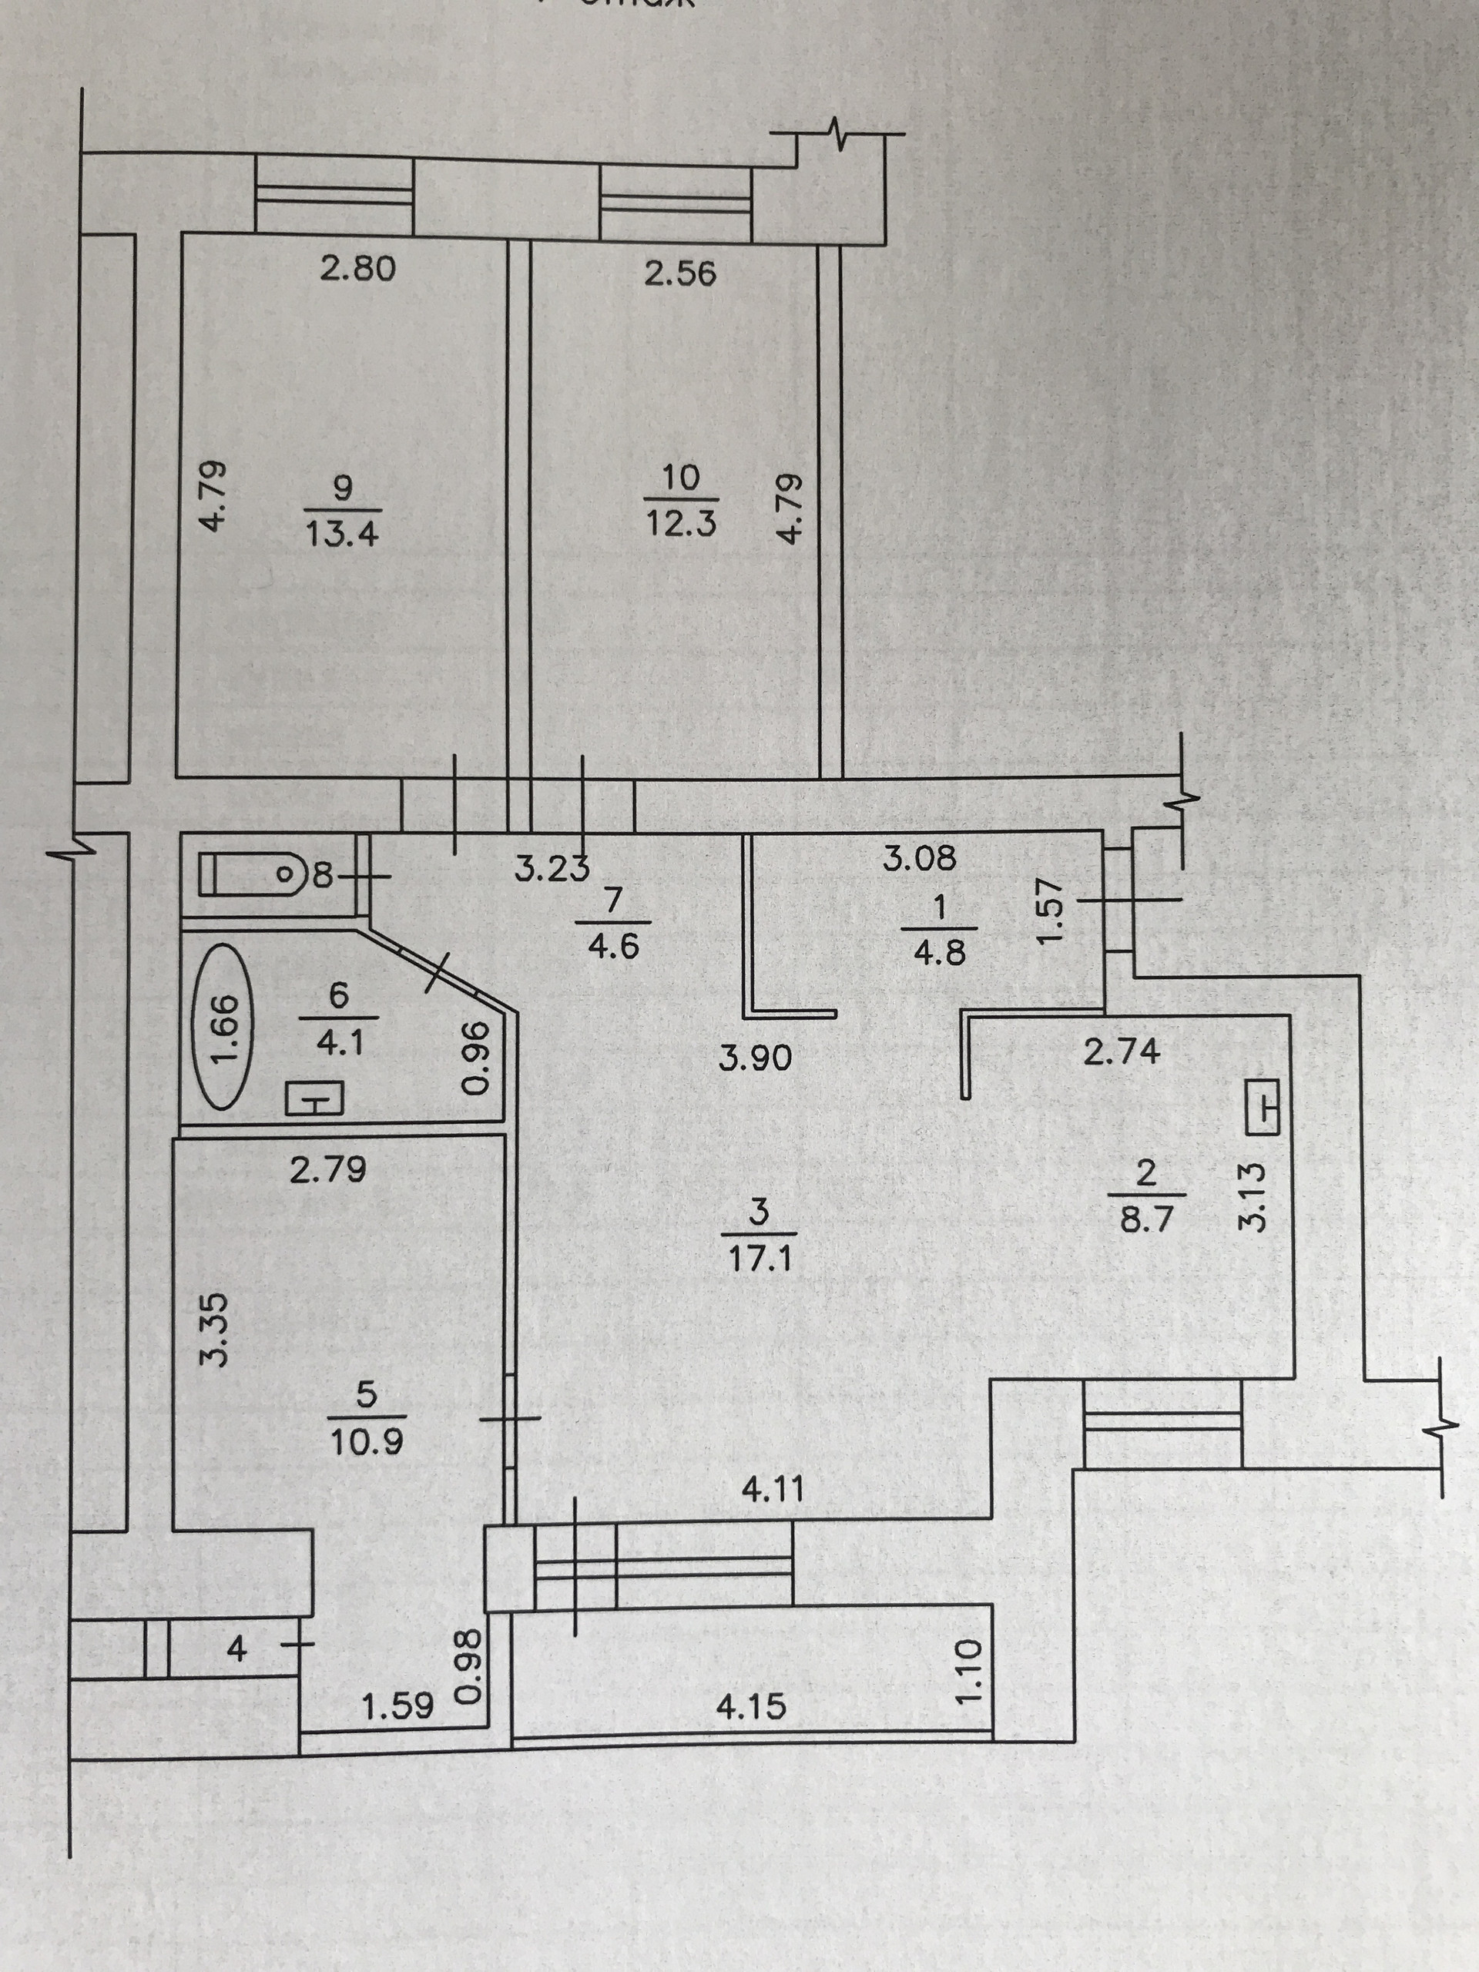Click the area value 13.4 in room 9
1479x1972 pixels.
(x=342, y=533)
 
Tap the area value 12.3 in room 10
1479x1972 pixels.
(x=681, y=522)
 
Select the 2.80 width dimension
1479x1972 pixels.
(x=357, y=268)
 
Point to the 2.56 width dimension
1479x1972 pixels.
(x=680, y=273)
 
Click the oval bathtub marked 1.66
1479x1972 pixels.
(x=223, y=1027)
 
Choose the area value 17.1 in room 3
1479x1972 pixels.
(x=760, y=1259)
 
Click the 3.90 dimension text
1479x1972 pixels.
(x=755, y=1058)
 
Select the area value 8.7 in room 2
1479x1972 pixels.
(x=1146, y=1219)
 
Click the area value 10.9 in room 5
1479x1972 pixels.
(x=367, y=1441)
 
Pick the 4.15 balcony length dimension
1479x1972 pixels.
(x=750, y=1706)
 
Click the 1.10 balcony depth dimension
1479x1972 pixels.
(x=969, y=1671)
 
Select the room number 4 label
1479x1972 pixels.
(x=236, y=1649)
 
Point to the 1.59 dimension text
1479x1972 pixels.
(x=397, y=1706)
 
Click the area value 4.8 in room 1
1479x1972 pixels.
(x=940, y=952)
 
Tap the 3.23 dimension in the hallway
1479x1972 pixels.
(x=552, y=867)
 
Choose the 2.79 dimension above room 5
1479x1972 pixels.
(x=328, y=1169)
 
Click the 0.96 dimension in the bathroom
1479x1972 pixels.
(x=476, y=1058)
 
